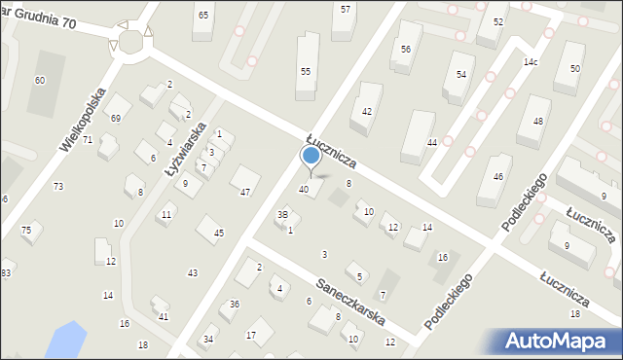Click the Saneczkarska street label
(351, 304)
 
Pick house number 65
(202, 16)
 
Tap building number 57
(346, 9)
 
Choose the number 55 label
(306, 72)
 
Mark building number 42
(367, 112)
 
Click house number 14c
(531, 62)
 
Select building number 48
(537, 120)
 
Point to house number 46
(497, 176)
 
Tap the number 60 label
(40, 80)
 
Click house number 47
(245, 193)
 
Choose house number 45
(219, 233)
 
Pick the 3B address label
(283, 215)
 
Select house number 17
(251, 336)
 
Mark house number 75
(26, 230)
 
